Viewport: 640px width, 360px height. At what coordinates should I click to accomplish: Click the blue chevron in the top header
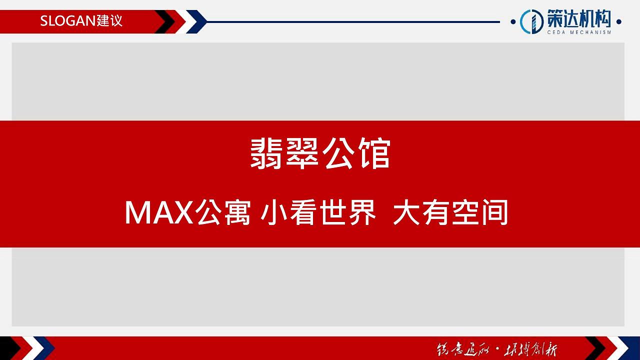tap(197, 22)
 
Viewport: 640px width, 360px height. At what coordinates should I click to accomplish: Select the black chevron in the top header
tap(165, 22)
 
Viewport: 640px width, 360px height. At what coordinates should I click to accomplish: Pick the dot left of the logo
tap(513, 22)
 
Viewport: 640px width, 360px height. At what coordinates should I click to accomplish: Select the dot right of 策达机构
tap(619, 22)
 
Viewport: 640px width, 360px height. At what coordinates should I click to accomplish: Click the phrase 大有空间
tap(450, 212)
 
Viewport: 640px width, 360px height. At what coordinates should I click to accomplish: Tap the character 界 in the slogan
tap(363, 212)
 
